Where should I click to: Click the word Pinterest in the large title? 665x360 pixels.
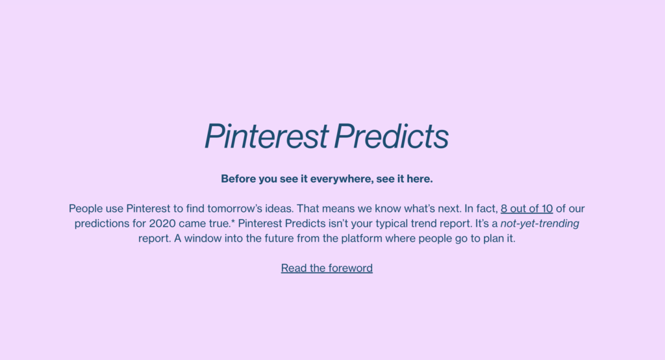pos(266,136)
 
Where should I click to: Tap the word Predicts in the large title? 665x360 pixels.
pos(391,136)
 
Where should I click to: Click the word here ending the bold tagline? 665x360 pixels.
pos(420,179)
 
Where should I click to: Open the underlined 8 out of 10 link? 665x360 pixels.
pos(527,209)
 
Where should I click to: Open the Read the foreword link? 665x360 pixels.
pos(327,268)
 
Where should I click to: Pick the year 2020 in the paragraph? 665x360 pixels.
pos(162,224)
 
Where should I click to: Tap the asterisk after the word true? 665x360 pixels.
pos(233,222)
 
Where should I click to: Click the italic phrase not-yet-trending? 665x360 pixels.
pos(540,224)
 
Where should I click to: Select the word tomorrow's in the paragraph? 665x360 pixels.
pos(235,209)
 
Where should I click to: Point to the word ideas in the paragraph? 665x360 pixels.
pos(279,209)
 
